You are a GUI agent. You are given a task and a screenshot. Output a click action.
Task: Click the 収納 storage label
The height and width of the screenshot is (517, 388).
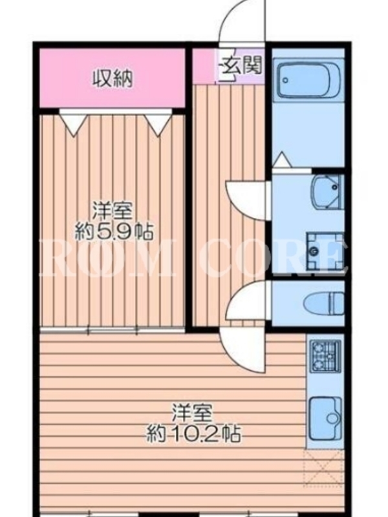(x=112, y=78)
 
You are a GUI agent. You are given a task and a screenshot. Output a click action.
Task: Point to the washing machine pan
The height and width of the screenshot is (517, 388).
(x=325, y=250)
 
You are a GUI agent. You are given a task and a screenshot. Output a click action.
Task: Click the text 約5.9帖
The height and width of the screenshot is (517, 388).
(x=114, y=231)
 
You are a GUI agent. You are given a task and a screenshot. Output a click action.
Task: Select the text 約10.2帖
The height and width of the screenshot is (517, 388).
(x=193, y=434)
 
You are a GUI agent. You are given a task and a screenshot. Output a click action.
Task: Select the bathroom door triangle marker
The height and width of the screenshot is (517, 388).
(x=283, y=160)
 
